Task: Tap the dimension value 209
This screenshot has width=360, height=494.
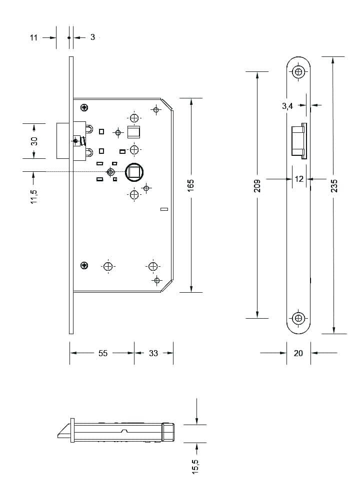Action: (257, 186)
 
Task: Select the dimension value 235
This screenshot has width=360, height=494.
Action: (334, 186)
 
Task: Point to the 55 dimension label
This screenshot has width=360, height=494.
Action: (103, 353)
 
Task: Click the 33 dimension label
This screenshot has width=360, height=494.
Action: (153, 353)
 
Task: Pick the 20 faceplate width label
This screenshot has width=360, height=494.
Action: (298, 353)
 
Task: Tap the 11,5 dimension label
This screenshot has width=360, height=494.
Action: (33, 196)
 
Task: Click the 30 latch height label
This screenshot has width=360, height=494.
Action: (34, 141)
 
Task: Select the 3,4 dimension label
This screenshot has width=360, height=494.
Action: (287, 106)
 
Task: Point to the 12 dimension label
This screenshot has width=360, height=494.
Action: (299, 179)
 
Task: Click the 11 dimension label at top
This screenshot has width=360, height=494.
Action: (33, 38)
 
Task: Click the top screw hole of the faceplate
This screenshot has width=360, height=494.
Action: (298, 72)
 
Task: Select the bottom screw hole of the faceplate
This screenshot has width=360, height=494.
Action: (298, 318)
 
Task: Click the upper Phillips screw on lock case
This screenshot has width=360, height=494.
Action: (84, 107)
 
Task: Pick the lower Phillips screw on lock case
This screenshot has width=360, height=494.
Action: (84, 265)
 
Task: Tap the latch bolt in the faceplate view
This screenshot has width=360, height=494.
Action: (298, 141)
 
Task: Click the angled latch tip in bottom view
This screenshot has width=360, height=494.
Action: (64, 431)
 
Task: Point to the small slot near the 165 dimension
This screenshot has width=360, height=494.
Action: (164, 209)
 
